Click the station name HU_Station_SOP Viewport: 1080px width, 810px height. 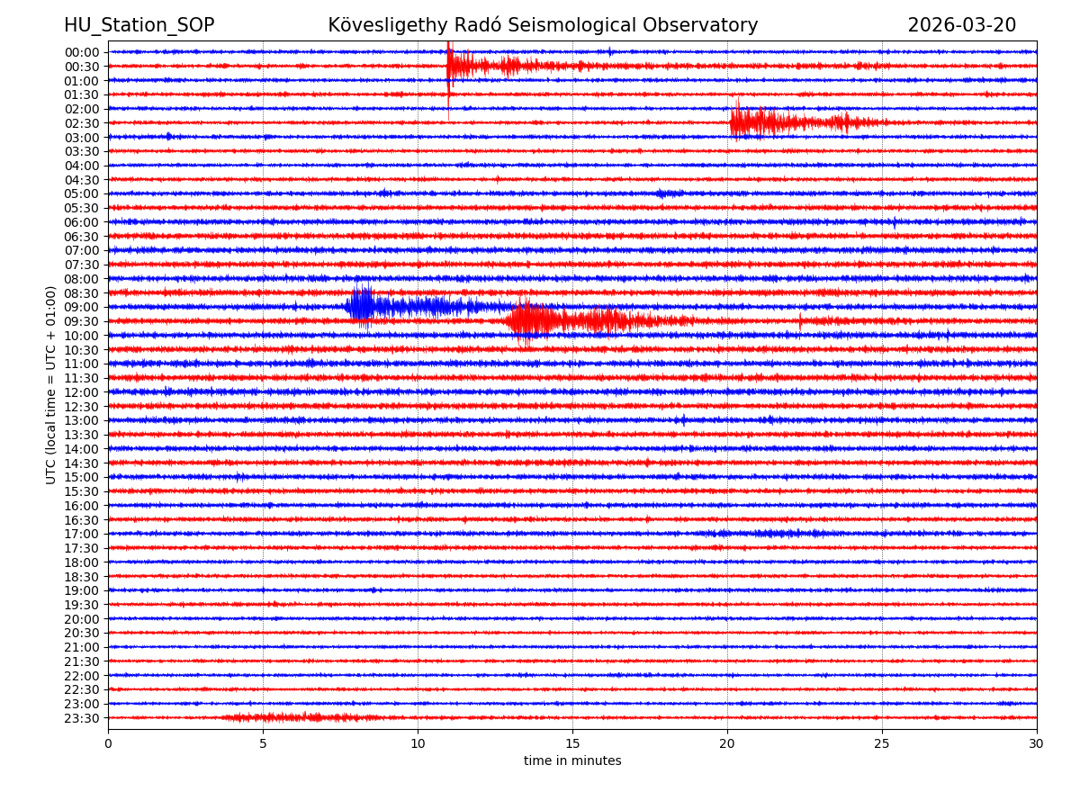[x=139, y=25]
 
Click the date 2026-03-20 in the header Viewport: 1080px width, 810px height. [x=961, y=25]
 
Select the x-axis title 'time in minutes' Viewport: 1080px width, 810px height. [x=572, y=761]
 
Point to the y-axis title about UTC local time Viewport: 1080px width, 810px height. [x=51, y=385]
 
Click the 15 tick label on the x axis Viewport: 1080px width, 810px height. [x=572, y=743]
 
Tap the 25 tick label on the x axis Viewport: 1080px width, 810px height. [x=882, y=743]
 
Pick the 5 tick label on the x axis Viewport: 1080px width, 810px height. [x=263, y=743]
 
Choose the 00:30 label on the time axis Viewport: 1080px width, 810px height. [x=82, y=67]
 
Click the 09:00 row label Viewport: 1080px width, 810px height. [x=82, y=307]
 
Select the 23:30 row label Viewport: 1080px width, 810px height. [x=82, y=718]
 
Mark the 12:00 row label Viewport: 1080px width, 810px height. [x=82, y=392]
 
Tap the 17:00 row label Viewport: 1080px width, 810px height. [x=82, y=534]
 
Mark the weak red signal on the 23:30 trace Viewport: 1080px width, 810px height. [x=288, y=717]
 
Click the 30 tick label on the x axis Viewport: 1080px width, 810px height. [x=1037, y=743]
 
